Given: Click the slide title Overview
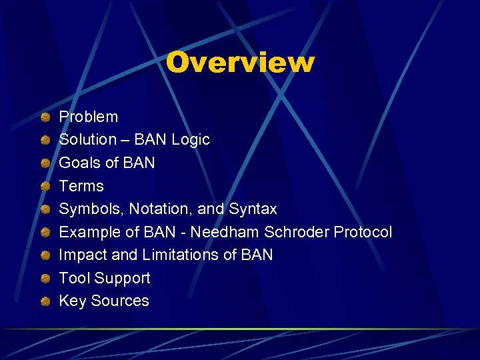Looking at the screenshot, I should point(240,62).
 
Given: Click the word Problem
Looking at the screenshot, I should point(88,117).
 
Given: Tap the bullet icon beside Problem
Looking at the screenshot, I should point(44,118).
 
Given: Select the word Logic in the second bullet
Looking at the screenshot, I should point(191,140).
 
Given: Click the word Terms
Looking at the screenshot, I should point(81,186).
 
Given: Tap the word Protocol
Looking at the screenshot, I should point(363,232).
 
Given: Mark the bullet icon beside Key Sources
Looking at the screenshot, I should point(44,302).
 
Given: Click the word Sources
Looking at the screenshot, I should point(120,301).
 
